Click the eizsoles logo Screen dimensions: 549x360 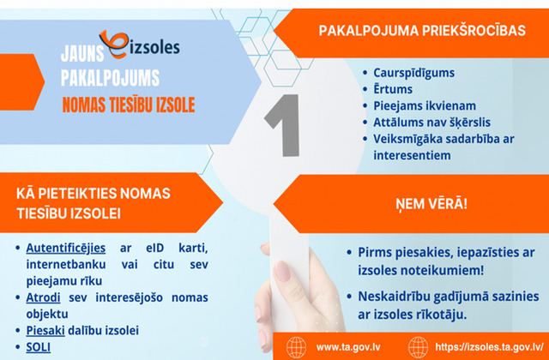click(139, 45)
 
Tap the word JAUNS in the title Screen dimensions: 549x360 click(82, 53)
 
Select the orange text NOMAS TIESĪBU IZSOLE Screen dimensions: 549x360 click(129, 105)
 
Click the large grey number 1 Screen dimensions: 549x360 click(284, 125)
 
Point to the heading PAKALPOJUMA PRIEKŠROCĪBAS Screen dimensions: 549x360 click(422, 31)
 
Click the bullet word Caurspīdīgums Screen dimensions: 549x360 click(413, 73)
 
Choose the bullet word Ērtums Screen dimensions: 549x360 click(393, 89)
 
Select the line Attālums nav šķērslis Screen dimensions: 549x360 click(431, 123)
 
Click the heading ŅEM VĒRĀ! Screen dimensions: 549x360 click(431, 204)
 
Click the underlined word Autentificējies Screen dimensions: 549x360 click(66, 248)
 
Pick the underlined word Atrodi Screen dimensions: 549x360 click(43, 297)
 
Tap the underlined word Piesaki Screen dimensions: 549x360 click(45, 330)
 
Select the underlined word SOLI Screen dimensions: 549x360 click(38, 347)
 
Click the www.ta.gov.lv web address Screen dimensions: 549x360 click(348, 347)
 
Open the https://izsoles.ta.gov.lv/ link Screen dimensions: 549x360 click(489, 347)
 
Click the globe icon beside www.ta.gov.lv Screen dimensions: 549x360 click(296, 347)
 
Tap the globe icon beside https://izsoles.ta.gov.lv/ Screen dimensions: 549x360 click(418, 347)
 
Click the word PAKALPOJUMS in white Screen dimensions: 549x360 click(111, 78)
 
